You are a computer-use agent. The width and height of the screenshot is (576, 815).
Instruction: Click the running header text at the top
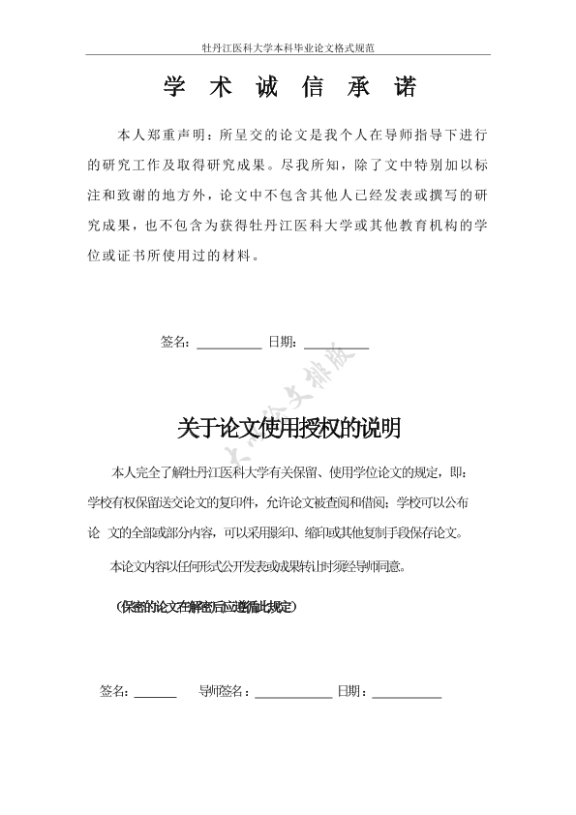(288, 46)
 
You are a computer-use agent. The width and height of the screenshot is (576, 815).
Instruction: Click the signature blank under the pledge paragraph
(228, 343)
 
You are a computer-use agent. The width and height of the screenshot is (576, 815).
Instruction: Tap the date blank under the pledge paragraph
(336, 343)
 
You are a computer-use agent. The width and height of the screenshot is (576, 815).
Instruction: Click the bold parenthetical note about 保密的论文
(205, 608)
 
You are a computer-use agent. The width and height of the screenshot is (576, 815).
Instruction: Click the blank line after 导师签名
(293, 693)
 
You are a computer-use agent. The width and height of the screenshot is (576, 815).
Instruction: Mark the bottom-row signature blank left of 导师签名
(155, 693)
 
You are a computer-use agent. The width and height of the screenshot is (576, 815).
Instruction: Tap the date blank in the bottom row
(407, 693)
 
